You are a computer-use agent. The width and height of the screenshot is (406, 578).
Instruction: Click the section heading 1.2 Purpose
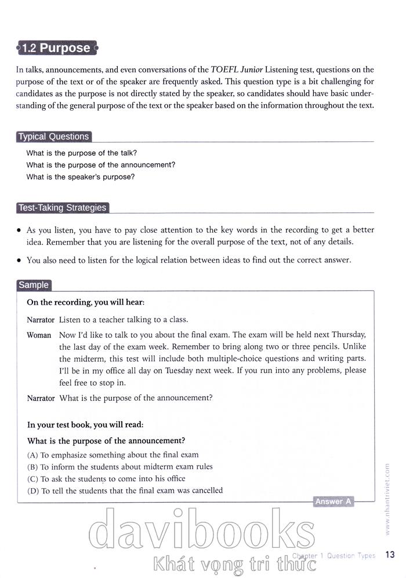pos(56,48)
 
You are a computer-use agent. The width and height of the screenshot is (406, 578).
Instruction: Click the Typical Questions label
pos(53,137)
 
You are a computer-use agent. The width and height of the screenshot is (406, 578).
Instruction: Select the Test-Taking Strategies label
pos(63,208)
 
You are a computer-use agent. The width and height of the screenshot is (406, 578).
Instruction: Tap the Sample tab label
pos(34,285)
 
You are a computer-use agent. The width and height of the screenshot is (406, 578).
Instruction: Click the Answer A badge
pos(333,502)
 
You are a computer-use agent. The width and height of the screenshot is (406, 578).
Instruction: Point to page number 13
pos(390,555)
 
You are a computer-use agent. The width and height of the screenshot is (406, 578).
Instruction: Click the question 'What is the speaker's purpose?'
pos(80,177)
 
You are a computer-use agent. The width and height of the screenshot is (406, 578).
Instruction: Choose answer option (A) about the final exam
pos(113,455)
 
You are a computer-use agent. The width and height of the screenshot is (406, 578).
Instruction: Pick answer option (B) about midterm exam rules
pos(119,467)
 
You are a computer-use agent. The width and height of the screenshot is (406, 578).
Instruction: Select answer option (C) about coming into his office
pos(106,479)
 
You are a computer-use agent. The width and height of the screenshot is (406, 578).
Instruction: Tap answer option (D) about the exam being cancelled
pos(125,491)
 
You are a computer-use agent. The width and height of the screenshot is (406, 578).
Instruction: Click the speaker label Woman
pos(39,335)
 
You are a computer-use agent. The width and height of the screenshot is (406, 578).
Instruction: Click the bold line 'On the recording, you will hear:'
pos(85,302)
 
